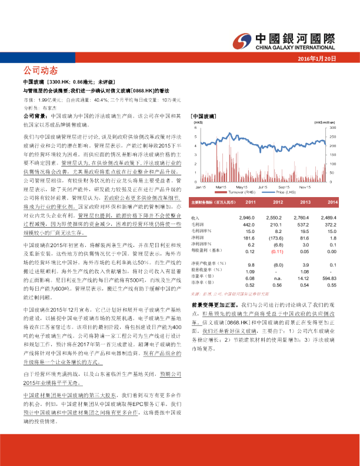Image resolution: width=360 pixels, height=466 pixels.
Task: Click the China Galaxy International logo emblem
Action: [x=242, y=39]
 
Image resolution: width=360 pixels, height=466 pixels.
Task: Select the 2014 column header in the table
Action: [x=331, y=202]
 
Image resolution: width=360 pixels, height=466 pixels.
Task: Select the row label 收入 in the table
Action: [x=196, y=218]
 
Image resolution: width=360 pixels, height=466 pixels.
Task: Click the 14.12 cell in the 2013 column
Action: [x=304, y=278]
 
